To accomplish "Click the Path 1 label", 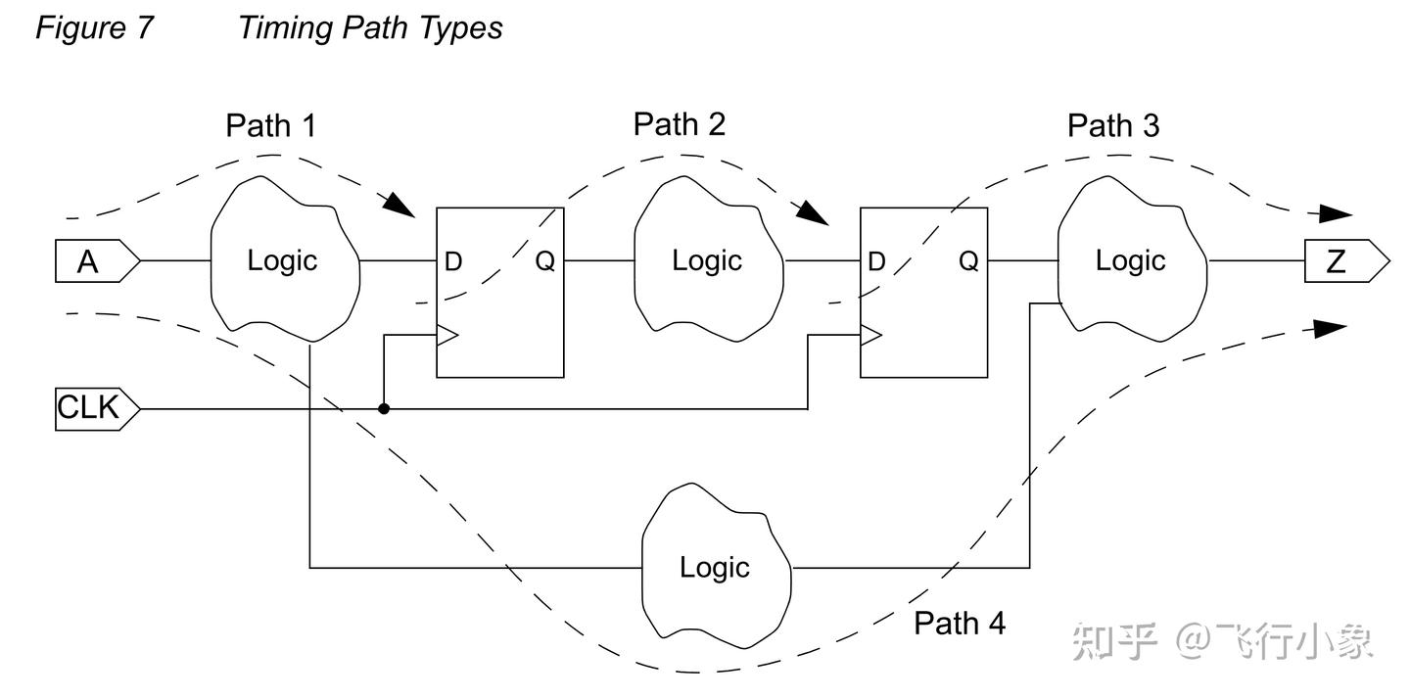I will [x=270, y=125].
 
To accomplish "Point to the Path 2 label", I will [x=679, y=124].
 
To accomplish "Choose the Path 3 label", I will [x=1112, y=125].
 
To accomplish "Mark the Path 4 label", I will [x=959, y=623].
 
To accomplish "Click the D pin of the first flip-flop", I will [x=453, y=262].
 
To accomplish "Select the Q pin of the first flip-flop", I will [x=544, y=262].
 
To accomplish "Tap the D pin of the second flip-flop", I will [x=876, y=262].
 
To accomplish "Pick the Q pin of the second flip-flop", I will [x=967, y=262].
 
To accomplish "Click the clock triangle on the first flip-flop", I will [x=446, y=336].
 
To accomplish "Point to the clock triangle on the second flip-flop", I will [x=870, y=336].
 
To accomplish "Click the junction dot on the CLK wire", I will [x=384, y=408].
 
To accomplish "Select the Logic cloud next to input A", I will [x=282, y=260].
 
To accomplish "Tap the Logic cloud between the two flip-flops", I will [x=707, y=260].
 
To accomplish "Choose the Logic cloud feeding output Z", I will [x=1130, y=260].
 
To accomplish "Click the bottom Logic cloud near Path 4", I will [x=715, y=567].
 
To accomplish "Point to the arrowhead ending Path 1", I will [x=398, y=204].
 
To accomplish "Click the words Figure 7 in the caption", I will [x=94, y=27].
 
